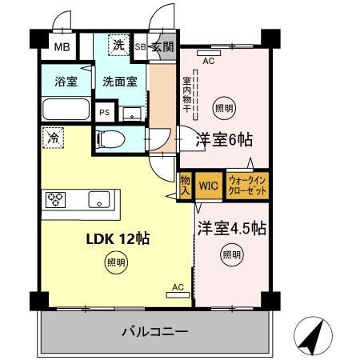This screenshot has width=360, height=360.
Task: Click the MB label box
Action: point(62,46)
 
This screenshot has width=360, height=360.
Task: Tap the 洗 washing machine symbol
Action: point(118,46)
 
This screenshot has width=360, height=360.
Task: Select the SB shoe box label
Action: point(140,46)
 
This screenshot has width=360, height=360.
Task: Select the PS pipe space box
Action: point(104,113)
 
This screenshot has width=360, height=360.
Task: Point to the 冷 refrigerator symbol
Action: point(51,138)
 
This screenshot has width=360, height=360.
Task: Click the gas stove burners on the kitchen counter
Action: point(57,200)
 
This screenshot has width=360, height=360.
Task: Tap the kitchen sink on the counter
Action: point(100,200)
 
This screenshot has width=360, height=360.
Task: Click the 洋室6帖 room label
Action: point(224,139)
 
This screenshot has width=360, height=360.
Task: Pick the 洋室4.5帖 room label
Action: point(232,227)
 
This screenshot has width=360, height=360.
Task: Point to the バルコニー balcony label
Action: point(154,330)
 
